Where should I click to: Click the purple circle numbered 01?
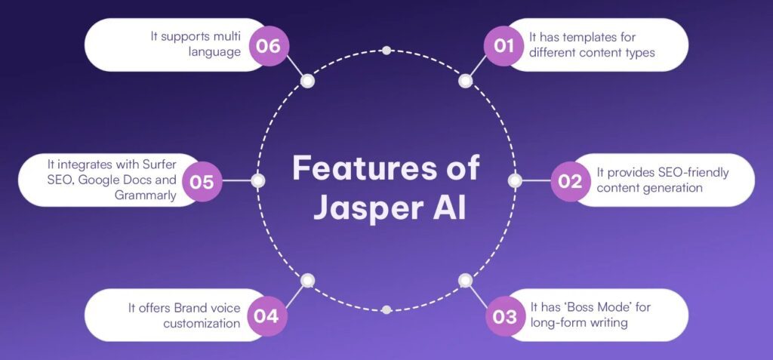(x=504, y=46)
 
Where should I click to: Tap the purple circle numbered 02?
(x=571, y=181)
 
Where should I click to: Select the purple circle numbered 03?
(x=505, y=316)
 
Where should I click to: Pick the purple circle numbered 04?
(x=266, y=316)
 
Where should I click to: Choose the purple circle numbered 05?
(x=202, y=181)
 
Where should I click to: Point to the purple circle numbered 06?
(x=268, y=46)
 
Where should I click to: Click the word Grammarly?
(x=145, y=195)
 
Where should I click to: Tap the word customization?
(x=202, y=323)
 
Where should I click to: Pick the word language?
(x=214, y=52)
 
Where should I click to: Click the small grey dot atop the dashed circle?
(x=386, y=51)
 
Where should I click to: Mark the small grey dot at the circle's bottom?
(x=386, y=309)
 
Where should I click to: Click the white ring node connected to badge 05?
(x=258, y=181)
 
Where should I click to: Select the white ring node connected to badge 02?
(x=515, y=181)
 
